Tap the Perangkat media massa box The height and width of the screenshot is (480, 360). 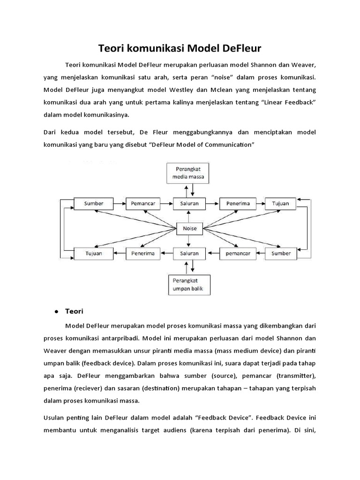coord(189,173)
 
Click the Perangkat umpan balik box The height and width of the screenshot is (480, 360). coord(189,284)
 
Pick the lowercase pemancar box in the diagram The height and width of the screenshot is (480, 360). coord(238,254)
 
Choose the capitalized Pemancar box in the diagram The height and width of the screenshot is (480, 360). coord(142,204)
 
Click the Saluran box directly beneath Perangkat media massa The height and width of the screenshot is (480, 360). coord(189,204)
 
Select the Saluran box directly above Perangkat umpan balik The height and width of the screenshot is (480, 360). coord(189,254)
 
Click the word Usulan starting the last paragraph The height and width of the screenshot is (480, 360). coord(56,415)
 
